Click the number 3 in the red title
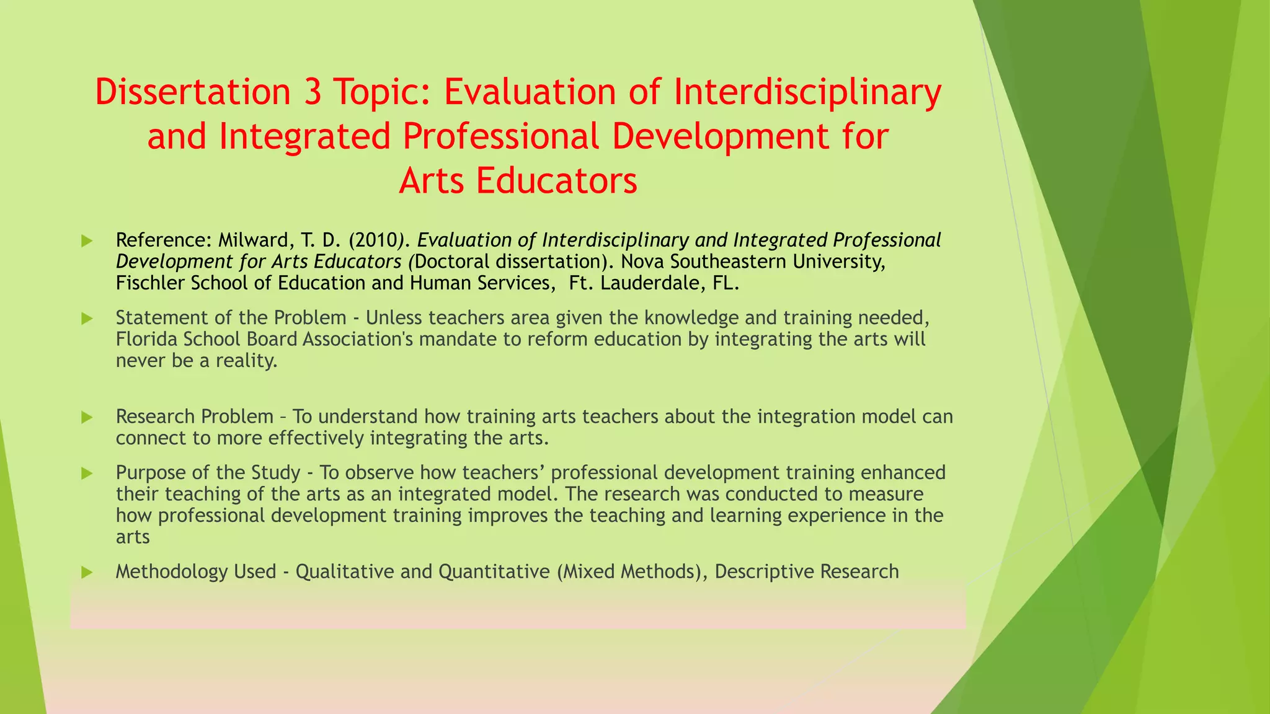coord(313,92)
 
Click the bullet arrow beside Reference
coord(87,240)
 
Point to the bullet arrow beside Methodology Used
coord(87,572)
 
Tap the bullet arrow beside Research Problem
coord(87,417)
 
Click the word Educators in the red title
coord(557,181)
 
